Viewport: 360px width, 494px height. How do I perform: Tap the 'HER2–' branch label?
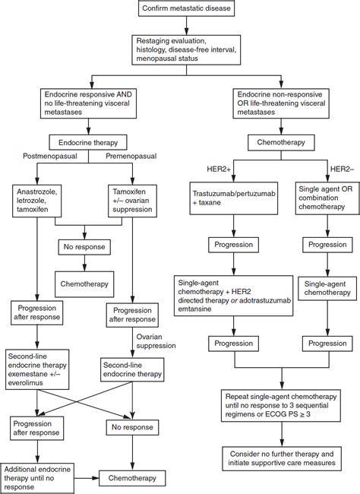(341, 168)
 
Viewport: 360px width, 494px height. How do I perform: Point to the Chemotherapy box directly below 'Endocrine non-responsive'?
(282, 142)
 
